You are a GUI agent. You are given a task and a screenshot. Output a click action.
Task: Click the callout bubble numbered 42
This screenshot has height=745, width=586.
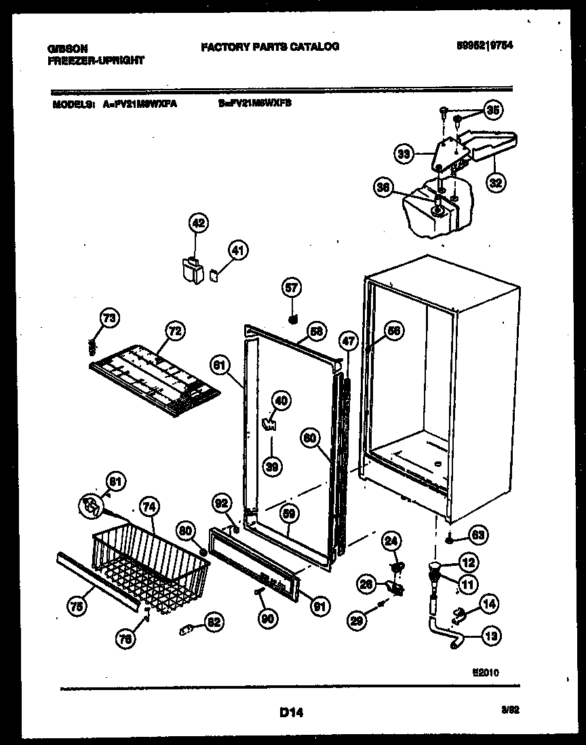click(198, 223)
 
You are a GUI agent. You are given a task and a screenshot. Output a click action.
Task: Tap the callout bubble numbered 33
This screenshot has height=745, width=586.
click(404, 155)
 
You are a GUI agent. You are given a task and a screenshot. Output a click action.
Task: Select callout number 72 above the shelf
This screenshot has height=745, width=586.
click(174, 331)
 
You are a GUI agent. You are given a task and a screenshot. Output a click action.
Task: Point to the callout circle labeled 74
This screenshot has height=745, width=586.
click(148, 505)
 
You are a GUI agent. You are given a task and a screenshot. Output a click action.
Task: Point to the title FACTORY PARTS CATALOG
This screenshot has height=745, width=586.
click(269, 47)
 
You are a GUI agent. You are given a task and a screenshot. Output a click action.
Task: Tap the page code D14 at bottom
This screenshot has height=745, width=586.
click(290, 712)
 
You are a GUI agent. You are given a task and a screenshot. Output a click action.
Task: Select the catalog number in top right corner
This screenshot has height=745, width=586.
click(484, 46)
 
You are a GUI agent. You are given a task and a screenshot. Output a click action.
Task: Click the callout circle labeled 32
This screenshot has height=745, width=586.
click(496, 182)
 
